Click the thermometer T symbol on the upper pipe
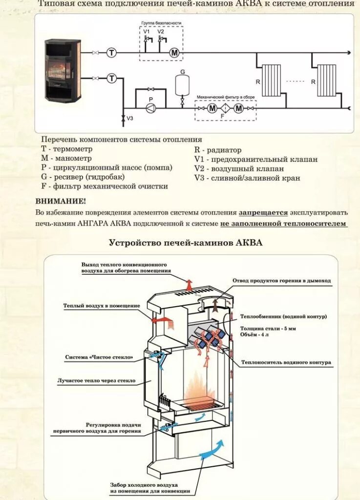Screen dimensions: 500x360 (112, 52)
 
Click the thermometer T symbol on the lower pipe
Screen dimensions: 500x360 (112, 78)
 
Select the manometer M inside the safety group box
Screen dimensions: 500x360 (174, 52)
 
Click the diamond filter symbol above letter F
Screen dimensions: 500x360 (226, 109)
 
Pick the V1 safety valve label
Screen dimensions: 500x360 (146, 32)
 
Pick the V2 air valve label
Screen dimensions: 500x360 (161, 32)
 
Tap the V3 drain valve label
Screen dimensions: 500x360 (130, 118)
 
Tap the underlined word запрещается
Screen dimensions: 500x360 (263, 212)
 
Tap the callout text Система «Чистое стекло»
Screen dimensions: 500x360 (99, 357)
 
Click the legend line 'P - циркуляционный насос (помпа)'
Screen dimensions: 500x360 (106, 167)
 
